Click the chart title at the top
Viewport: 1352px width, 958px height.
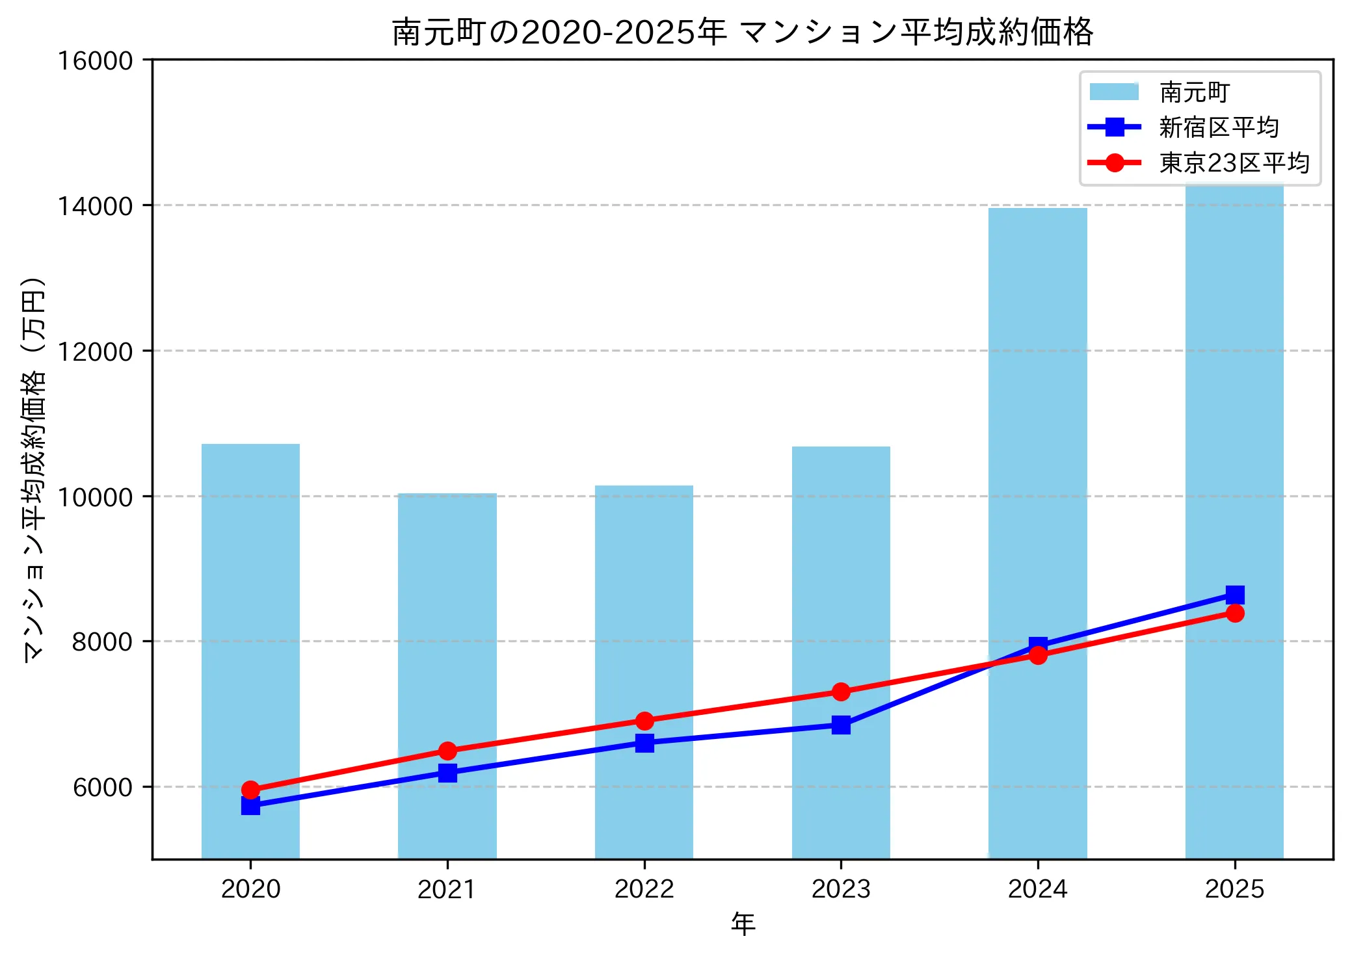pos(742,32)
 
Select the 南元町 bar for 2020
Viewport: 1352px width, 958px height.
pos(250,650)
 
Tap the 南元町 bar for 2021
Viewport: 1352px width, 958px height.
pos(447,676)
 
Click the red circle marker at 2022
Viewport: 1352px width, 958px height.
pos(644,721)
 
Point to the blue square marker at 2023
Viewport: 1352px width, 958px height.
pos(841,725)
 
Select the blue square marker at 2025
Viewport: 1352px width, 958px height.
pos(1234,595)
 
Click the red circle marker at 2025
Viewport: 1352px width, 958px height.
pos(1234,614)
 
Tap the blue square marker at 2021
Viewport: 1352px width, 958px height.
pos(447,773)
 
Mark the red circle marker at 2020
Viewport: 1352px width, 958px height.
pos(250,790)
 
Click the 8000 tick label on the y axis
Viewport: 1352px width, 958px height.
pos(102,641)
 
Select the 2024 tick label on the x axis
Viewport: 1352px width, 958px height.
pos(1037,889)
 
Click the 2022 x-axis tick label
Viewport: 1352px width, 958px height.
pos(644,889)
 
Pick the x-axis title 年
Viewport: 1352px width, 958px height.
pos(743,924)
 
